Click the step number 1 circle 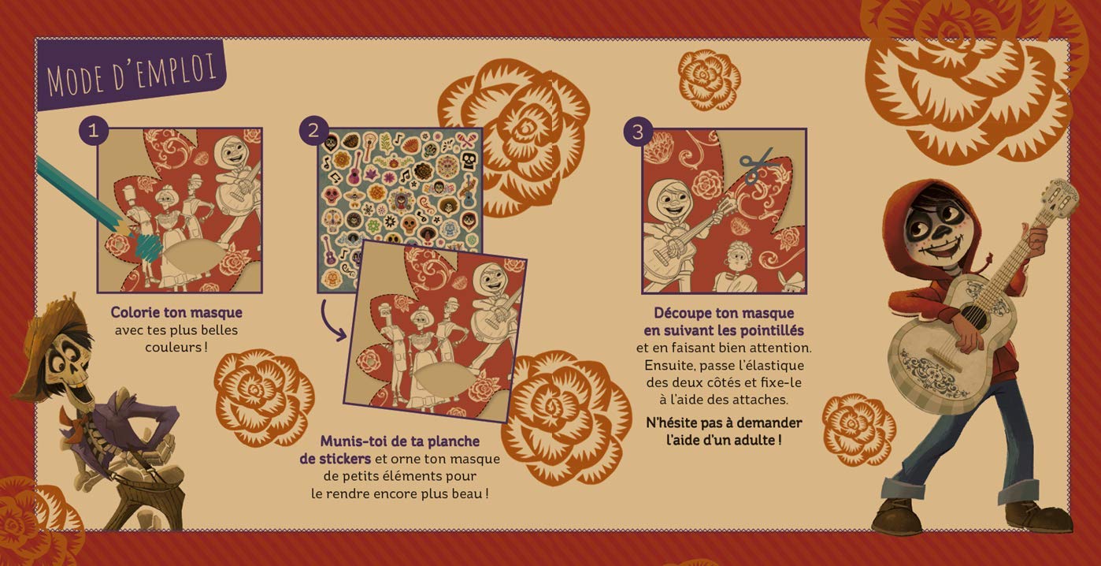click(x=93, y=131)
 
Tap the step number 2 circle click(x=313, y=131)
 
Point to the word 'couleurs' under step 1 click(x=172, y=347)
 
